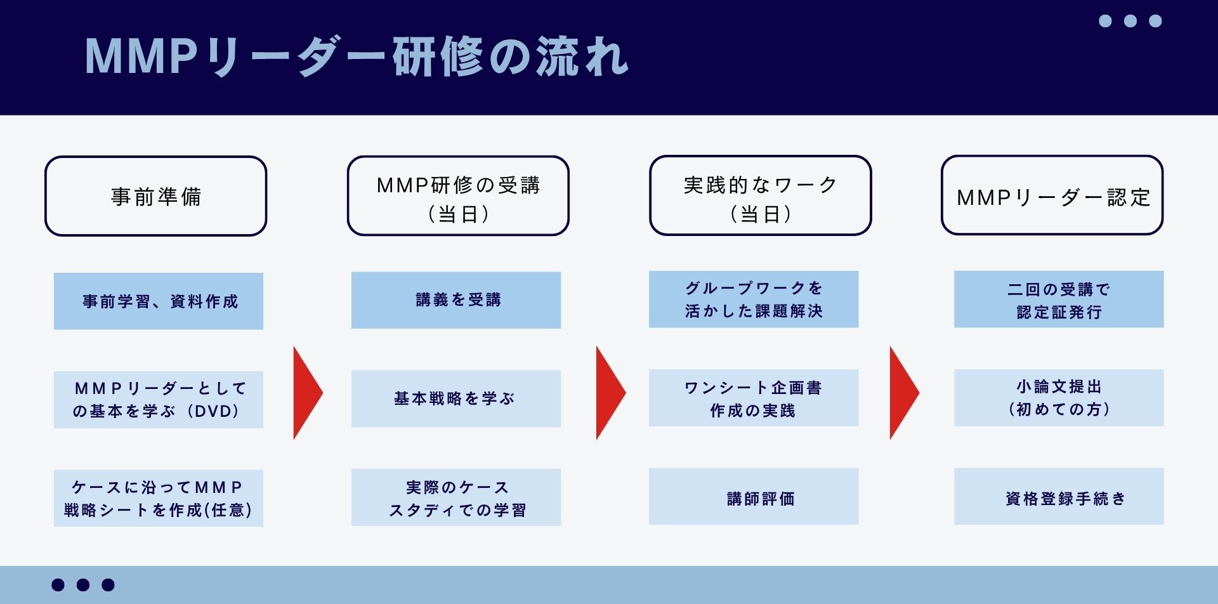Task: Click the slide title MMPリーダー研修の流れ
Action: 357,57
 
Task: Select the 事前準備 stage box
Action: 156,196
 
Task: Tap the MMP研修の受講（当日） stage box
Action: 458,196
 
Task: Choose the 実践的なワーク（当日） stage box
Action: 760,196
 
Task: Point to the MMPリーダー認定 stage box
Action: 1052,196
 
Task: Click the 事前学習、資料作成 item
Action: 159,301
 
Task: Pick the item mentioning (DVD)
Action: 159,400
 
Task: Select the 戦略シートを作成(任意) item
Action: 159,498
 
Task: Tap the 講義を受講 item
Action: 456,300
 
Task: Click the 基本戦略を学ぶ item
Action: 456,398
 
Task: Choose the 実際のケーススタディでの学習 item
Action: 456,497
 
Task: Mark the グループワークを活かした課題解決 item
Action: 754,299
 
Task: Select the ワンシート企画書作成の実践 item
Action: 754,398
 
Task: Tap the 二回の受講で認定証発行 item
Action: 1059,299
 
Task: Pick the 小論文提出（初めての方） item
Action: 1059,398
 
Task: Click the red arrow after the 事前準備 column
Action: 306,393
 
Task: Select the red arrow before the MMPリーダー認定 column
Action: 902,393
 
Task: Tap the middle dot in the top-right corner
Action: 1130,21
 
